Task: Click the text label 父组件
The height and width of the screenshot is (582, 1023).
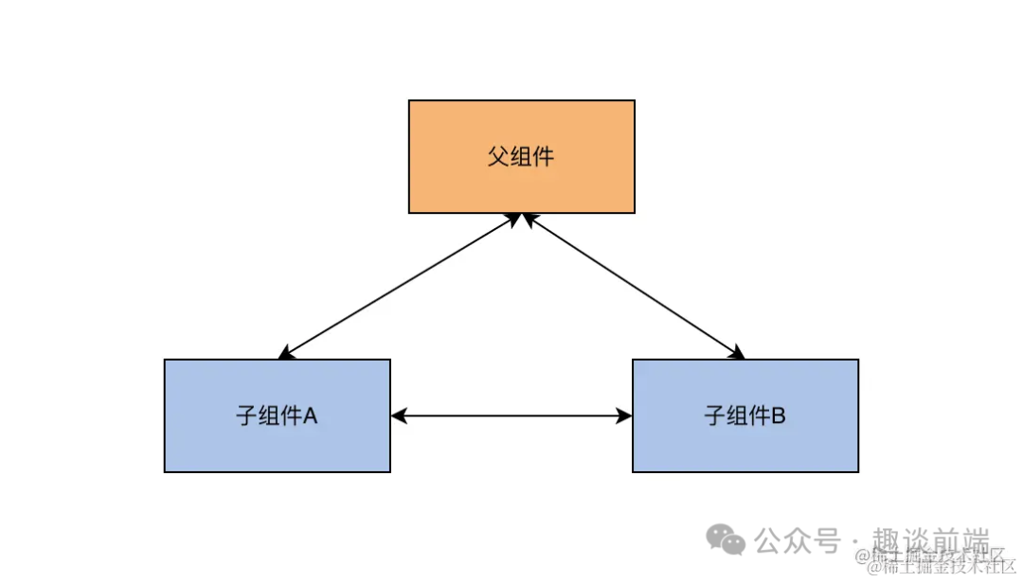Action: click(x=521, y=156)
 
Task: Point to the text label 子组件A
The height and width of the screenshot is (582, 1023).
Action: click(x=276, y=415)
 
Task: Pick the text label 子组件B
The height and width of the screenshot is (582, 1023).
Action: click(x=745, y=415)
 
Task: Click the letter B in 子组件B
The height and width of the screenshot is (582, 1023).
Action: click(x=777, y=415)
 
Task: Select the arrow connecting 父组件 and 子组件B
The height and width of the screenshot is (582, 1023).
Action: click(x=633, y=287)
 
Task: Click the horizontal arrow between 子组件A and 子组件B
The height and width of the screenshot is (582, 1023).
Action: click(x=511, y=415)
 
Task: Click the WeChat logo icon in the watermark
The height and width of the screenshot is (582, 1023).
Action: click(x=726, y=540)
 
